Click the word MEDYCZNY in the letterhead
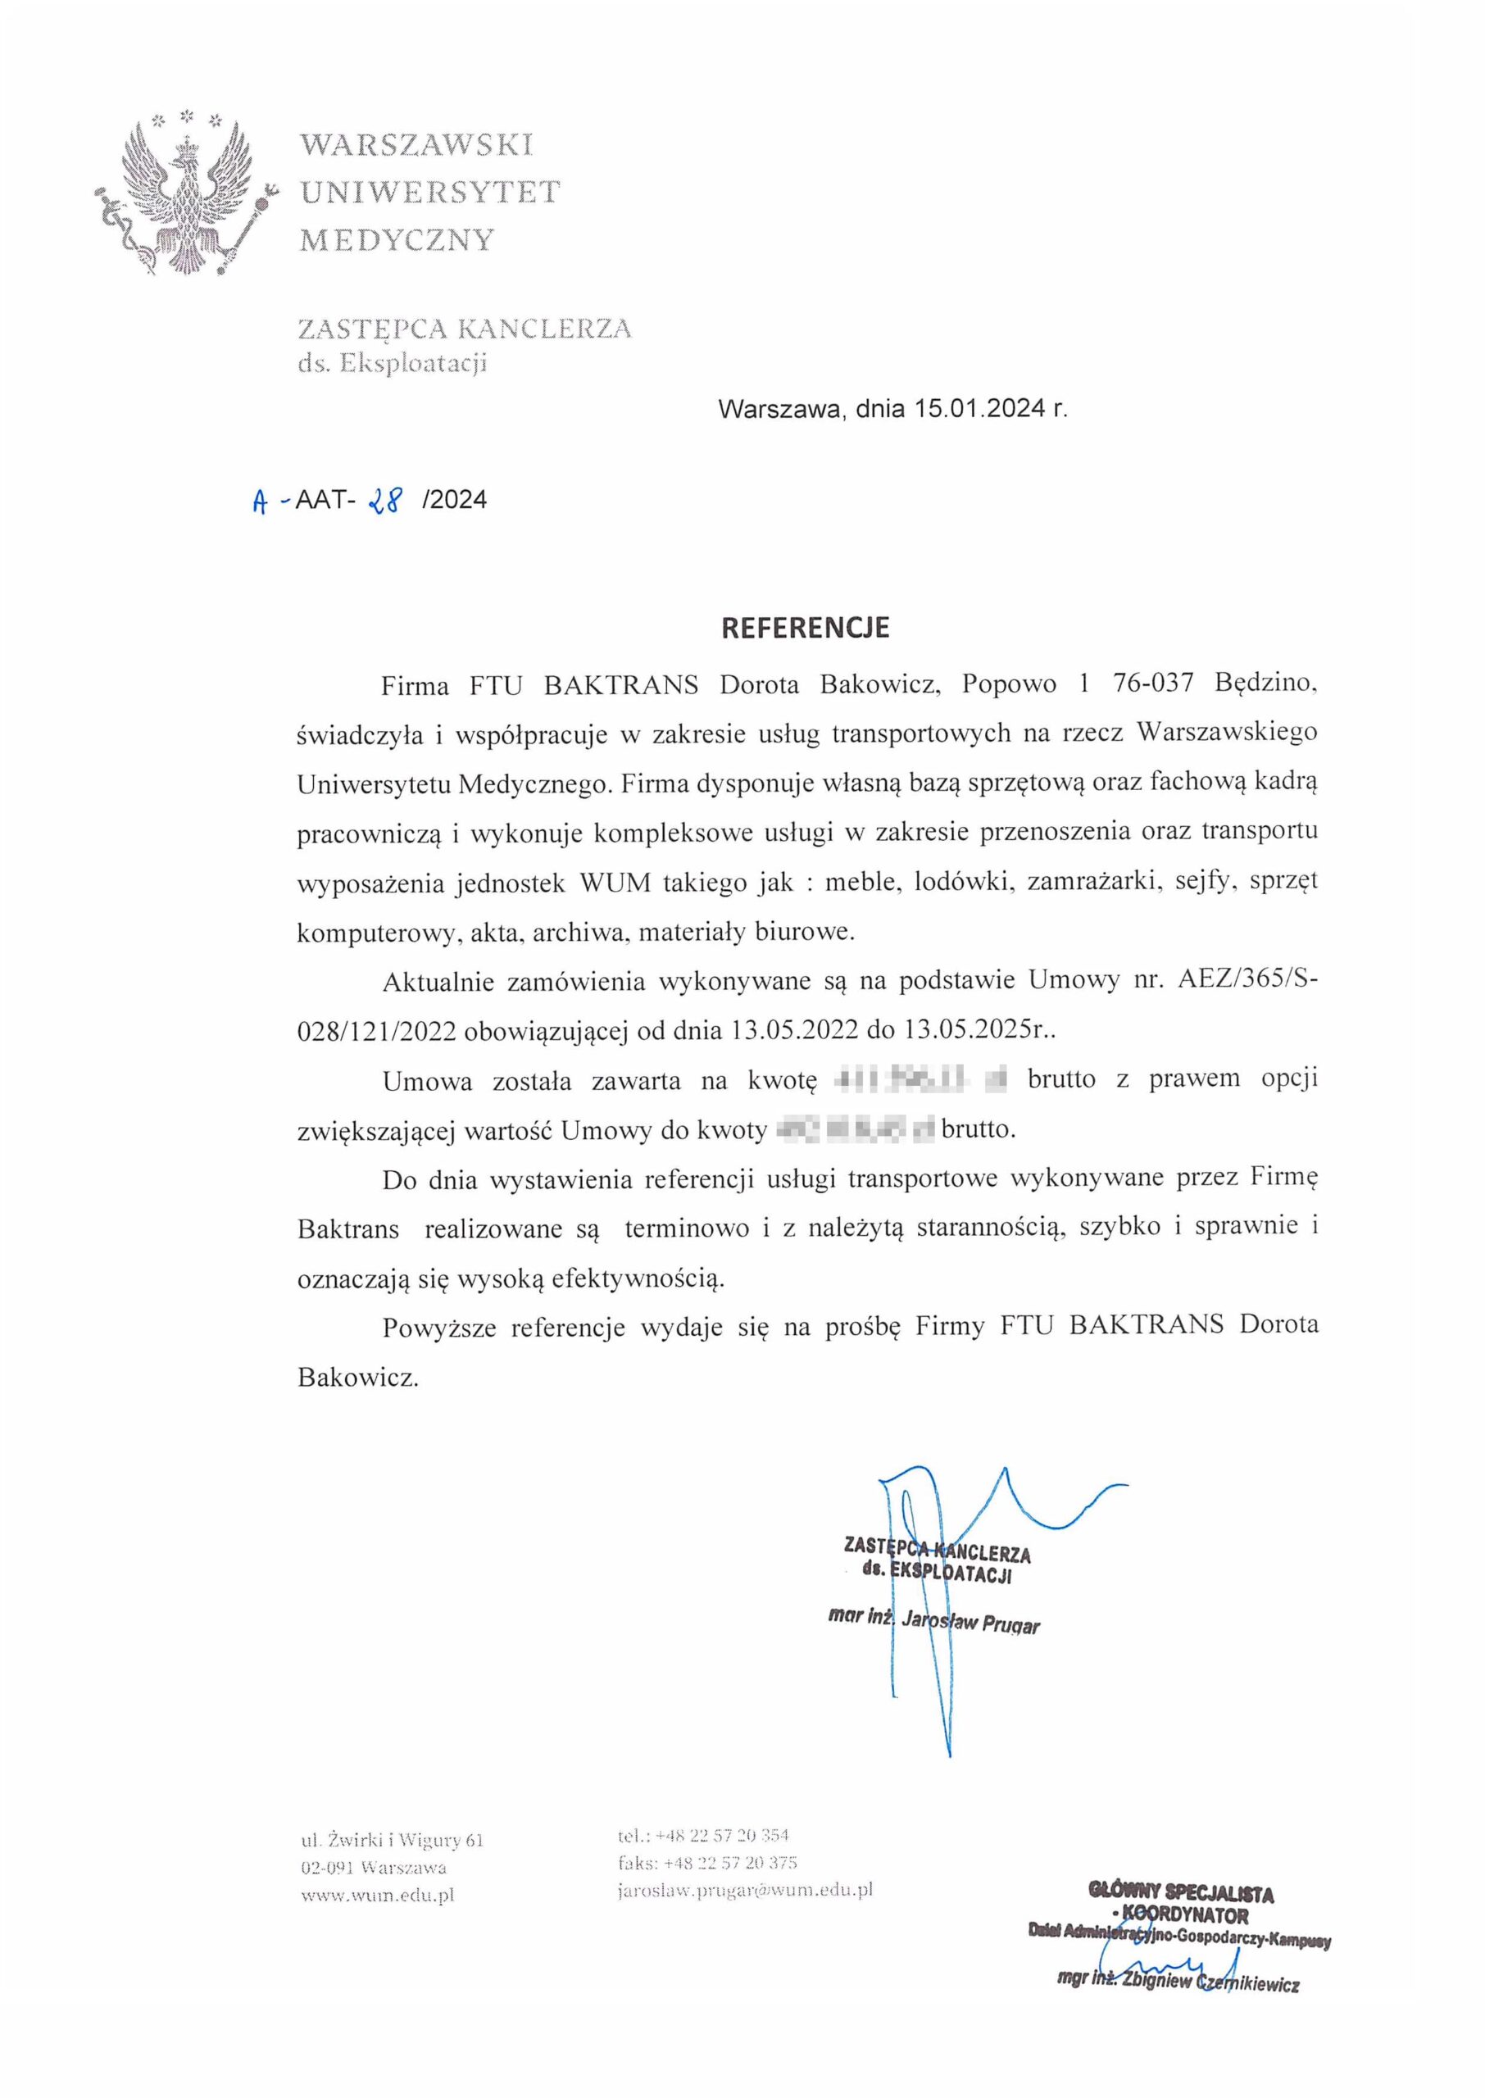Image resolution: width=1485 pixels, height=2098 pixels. pos(397,240)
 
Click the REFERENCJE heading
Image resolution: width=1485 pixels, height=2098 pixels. pos(805,628)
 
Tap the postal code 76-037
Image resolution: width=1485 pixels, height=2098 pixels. pos(1153,683)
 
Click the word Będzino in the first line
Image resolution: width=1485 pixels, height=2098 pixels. pos(1265,683)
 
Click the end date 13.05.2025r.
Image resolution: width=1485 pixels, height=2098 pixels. pos(979,1030)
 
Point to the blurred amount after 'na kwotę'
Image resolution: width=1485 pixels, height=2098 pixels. pos(921,1080)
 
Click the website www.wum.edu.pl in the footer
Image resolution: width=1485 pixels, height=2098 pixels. pos(378,1895)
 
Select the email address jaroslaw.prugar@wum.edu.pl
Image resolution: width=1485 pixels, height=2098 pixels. pos(745,1889)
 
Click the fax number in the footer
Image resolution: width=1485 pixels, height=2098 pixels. pos(706,1862)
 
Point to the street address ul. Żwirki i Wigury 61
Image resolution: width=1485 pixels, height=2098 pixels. pos(393,1839)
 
